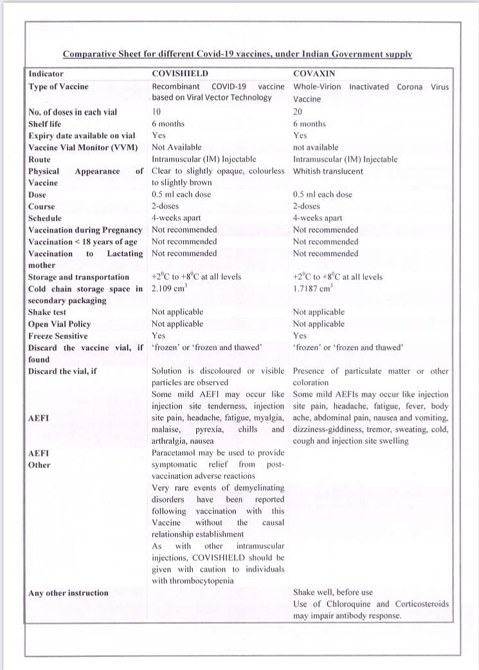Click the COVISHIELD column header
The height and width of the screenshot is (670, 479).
pos(180,74)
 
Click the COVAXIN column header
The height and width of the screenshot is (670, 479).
pos(312,74)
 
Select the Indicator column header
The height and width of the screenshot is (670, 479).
pos(46,74)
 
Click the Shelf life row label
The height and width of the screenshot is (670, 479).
pos(45,124)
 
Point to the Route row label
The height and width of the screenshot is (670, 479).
pos(39,159)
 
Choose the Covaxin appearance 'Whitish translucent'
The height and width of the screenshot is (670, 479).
pos(328,171)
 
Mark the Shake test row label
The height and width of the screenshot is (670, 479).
pos(47,312)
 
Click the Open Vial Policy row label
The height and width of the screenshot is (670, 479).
pos(59,324)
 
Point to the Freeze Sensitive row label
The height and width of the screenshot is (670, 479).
pos(58,336)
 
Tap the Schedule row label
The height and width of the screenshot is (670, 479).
pos(45,218)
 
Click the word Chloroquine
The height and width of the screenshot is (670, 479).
pos(348,604)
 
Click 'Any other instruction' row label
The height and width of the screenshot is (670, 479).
pos(68,593)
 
